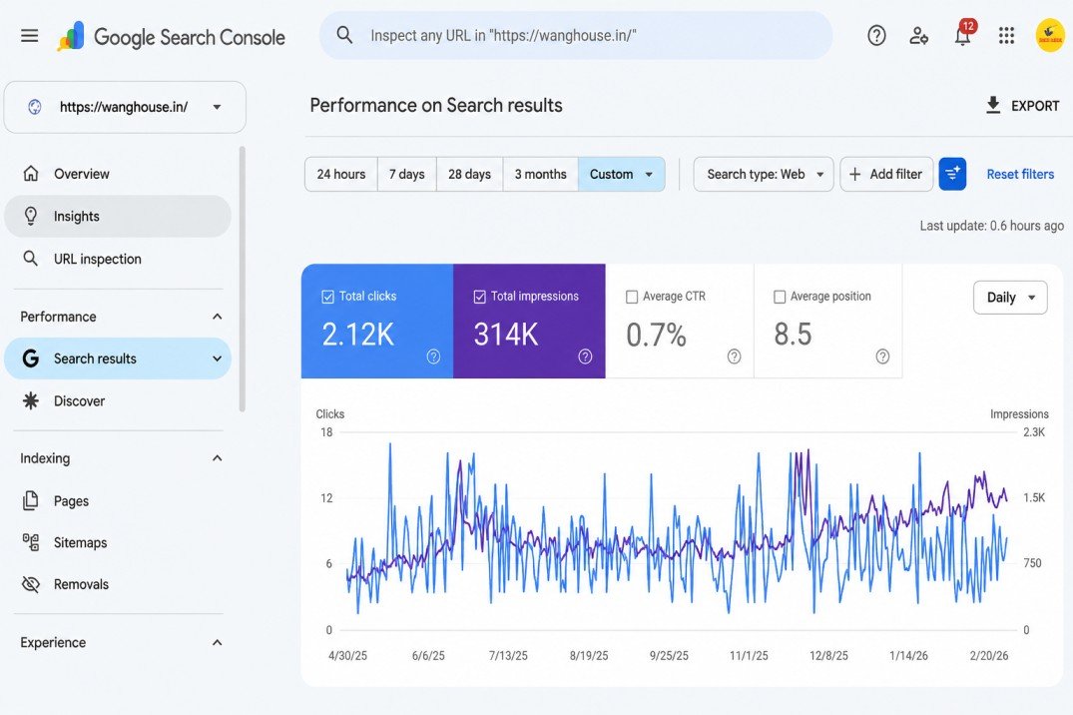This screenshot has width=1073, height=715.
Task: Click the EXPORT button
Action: tap(1022, 106)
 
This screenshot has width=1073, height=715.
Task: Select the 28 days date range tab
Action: tap(469, 174)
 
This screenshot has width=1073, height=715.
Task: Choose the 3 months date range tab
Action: tap(541, 174)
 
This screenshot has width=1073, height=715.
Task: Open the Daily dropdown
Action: tap(1010, 298)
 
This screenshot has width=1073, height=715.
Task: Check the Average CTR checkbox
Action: tap(632, 297)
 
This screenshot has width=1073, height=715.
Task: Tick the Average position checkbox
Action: tap(780, 297)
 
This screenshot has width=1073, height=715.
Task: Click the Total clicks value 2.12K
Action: tap(358, 335)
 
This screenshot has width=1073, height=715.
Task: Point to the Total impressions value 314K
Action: tap(506, 335)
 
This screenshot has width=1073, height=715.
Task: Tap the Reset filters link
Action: tap(1020, 174)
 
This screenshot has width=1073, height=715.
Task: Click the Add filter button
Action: tap(886, 174)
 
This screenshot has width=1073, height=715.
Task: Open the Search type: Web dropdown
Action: tap(763, 174)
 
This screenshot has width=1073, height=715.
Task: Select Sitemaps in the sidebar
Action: tap(80, 542)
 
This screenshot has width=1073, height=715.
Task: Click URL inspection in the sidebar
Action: tap(97, 259)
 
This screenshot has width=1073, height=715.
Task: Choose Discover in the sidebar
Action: tap(80, 400)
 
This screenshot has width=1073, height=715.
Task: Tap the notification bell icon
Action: tap(963, 36)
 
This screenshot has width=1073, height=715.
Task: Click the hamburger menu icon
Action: tap(29, 36)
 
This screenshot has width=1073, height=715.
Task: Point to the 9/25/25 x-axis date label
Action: tap(669, 655)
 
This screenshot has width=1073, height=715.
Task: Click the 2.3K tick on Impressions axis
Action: tap(1034, 432)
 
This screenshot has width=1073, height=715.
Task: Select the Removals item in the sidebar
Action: tap(81, 584)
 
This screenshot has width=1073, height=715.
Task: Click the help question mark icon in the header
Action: tap(876, 36)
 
